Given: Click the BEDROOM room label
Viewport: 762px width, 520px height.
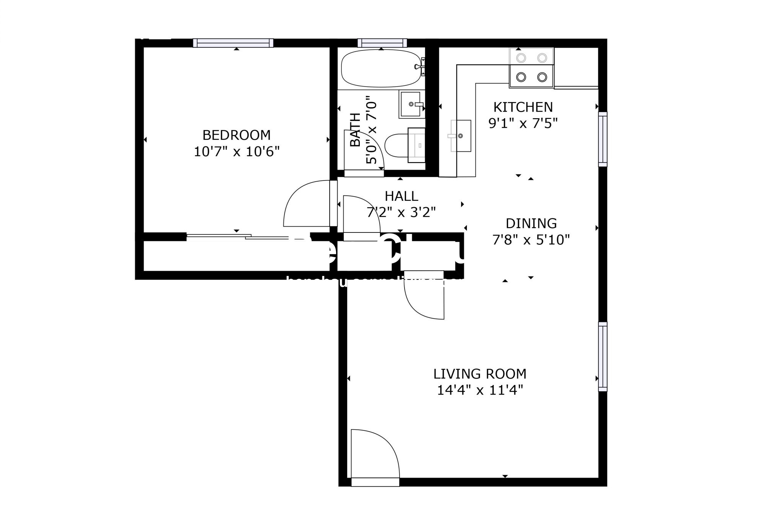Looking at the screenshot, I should (x=236, y=135).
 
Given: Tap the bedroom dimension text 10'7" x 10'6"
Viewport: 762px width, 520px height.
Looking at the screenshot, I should (x=236, y=152).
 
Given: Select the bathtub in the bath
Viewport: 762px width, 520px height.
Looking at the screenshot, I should (x=381, y=68).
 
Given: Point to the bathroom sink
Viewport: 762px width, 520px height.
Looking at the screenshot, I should (x=411, y=104).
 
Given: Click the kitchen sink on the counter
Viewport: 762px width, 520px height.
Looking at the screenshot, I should (x=460, y=136).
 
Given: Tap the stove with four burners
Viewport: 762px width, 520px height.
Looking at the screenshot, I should (x=531, y=68).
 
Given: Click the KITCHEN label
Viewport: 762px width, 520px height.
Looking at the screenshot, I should (x=523, y=107).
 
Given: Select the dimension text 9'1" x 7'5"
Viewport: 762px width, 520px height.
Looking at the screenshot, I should (x=523, y=123).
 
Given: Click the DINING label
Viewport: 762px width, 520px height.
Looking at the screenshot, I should (x=531, y=223).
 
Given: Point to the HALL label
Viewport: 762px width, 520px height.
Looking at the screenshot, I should (x=401, y=196).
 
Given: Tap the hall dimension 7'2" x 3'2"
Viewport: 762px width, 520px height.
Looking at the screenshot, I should (x=401, y=212).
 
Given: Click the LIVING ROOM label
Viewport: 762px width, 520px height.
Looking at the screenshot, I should (x=479, y=373).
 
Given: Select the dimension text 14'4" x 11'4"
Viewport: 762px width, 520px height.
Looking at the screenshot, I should (x=479, y=390).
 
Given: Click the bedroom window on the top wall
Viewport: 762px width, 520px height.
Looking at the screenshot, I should (x=233, y=43).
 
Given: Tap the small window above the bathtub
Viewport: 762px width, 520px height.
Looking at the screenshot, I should (x=382, y=43).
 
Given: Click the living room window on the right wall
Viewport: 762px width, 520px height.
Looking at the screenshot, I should (x=602, y=356).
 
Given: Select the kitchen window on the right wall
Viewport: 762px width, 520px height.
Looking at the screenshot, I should (x=602, y=139).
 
